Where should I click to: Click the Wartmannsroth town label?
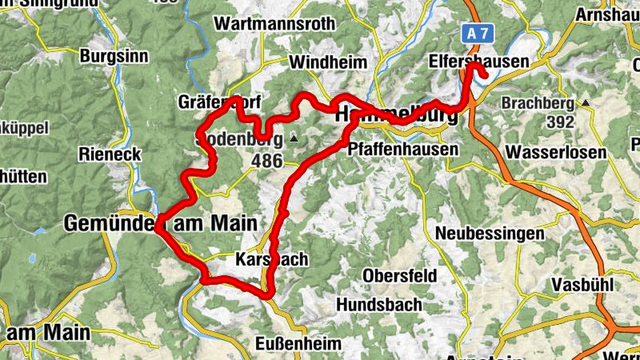pyautogui.click(x=274, y=23)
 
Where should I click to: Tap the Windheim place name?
pyautogui.click(x=328, y=62)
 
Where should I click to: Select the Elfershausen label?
pyautogui.click(x=479, y=62)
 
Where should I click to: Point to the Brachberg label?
pyautogui.click(x=538, y=103)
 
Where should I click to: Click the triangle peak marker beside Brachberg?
pyautogui.click(x=586, y=103)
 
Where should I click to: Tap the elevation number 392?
pyautogui.click(x=559, y=122)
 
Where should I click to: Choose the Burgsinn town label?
pyautogui.click(x=114, y=56)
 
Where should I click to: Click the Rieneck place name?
pyautogui.click(x=110, y=154)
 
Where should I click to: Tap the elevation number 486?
pyautogui.click(x=266, y=161)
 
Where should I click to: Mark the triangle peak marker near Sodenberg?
pyautogui.click(x=294, y=139)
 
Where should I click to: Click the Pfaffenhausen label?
pyautogui.click(x=403, y=149)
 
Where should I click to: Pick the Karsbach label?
pyautogui.click(x=273, y=260)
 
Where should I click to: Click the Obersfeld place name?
pyautogui.click(x=400, y=275)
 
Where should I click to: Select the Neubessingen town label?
pyautogui.click(x=490, y=234)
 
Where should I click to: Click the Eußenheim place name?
pyautogui.click(x=298, y=343)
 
